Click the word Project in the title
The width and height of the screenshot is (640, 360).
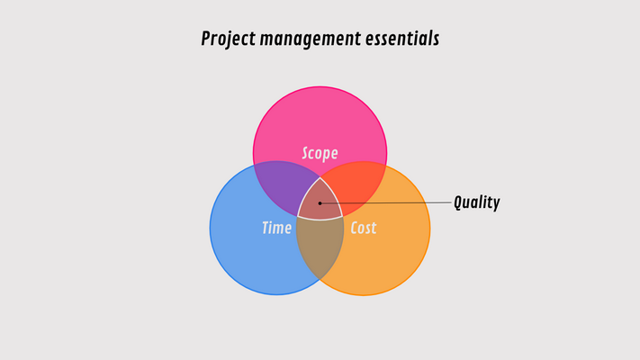[230, 40]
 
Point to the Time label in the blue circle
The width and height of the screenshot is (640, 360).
[276, 228]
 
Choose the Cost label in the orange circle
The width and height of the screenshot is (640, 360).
[363, 228]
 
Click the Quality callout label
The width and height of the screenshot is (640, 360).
[476, 202]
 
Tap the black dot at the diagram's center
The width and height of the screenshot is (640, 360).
[320, 202]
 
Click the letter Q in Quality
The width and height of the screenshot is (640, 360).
[459, 202]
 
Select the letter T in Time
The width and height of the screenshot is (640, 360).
[266, 228]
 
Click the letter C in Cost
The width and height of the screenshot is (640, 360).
[353, 228]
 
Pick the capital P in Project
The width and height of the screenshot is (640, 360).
[207, 40]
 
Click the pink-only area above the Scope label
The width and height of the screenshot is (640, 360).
[320, 112]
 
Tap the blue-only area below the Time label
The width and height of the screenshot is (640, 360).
[261, 265]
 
